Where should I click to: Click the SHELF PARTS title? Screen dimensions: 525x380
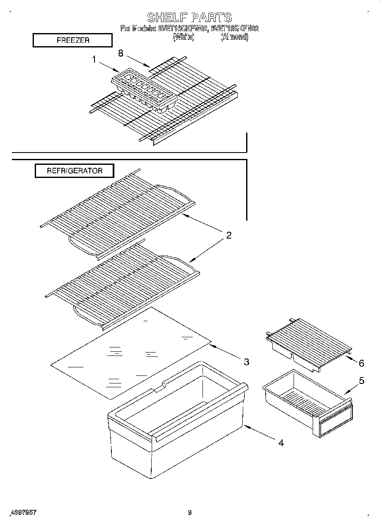189,17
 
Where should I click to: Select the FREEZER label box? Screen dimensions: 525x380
72,40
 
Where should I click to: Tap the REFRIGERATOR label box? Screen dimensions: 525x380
74,171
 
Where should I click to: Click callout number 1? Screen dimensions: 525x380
94,60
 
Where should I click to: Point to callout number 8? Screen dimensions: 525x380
121,53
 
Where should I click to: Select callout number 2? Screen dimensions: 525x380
228,236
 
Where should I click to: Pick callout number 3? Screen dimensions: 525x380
246,362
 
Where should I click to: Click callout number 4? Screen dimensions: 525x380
280,443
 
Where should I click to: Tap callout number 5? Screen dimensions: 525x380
361,381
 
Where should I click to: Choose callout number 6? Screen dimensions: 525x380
361,363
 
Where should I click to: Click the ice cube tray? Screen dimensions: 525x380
144,90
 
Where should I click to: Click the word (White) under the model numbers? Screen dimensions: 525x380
183,37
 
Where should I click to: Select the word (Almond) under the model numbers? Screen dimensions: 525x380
234,37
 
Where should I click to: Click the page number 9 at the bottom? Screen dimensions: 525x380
190,513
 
